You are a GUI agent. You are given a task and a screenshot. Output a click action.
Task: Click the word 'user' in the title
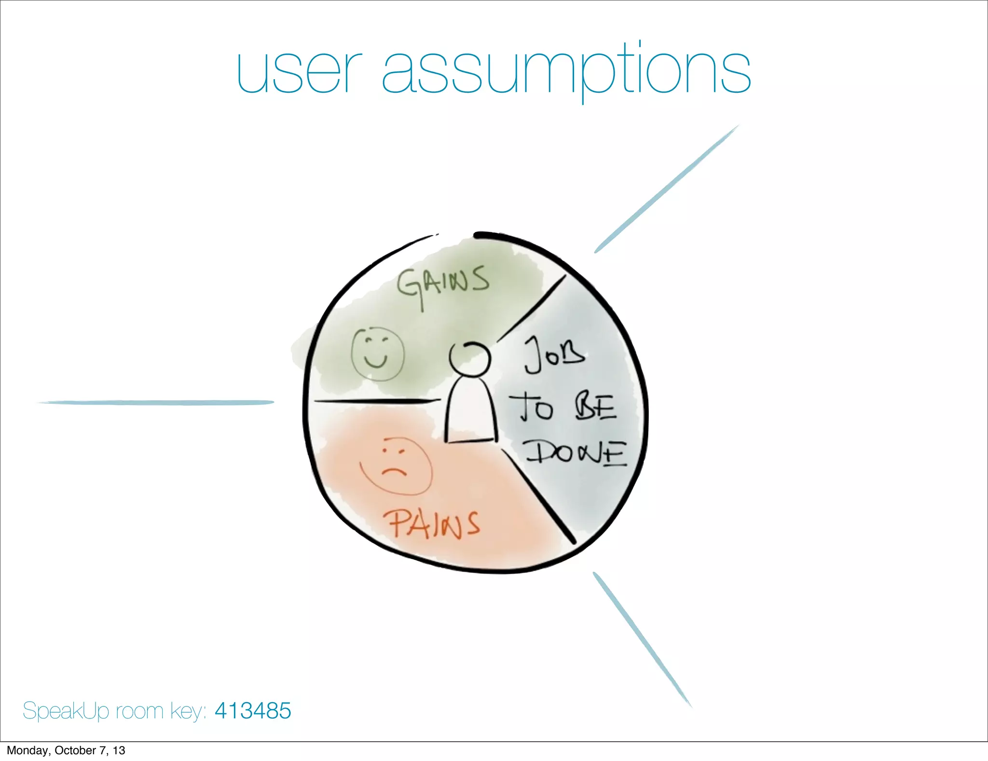[299, 72]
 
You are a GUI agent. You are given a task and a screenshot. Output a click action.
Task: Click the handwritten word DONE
[576, 453]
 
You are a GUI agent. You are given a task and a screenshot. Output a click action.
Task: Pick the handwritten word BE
[596, 407]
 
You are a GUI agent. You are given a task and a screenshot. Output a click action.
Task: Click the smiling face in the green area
[377, 354]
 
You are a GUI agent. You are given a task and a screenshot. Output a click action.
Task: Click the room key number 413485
[253, 710]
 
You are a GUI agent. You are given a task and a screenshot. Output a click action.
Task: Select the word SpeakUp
[66, 711]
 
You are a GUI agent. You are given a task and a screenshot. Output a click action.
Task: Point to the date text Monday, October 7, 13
[66, 750]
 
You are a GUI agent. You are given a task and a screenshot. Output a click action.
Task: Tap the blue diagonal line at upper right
[666, 189]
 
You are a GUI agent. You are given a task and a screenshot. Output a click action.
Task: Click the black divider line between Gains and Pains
[376, 401]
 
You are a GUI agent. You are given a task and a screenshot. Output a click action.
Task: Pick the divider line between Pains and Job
[538, 495]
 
